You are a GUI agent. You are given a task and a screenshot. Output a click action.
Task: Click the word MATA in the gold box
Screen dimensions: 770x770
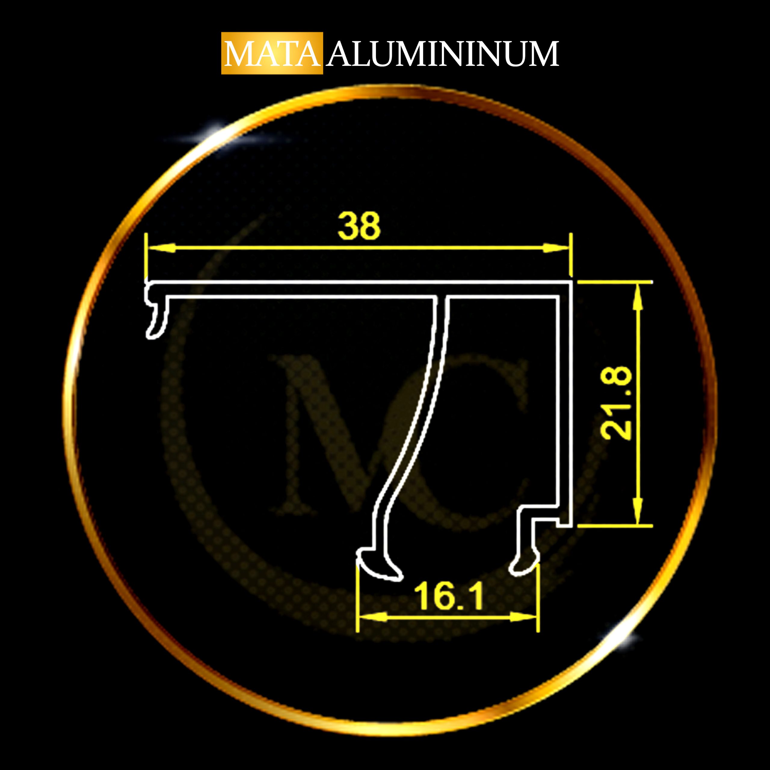tap(272, 54)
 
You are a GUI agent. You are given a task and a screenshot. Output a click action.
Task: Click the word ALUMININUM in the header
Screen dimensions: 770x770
tap(443, 54)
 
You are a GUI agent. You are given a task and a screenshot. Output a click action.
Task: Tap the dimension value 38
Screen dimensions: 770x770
tap(359, 226)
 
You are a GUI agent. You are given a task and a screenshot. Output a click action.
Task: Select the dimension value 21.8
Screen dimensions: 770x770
tap(616, 403)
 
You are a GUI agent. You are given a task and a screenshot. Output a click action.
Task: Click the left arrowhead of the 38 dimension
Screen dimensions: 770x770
tap(162, 248)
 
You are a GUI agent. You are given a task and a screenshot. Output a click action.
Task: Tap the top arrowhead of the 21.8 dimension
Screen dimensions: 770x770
tap(638, 297)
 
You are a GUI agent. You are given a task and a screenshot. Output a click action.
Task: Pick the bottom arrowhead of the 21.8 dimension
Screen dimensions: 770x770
tap(638, 510)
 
